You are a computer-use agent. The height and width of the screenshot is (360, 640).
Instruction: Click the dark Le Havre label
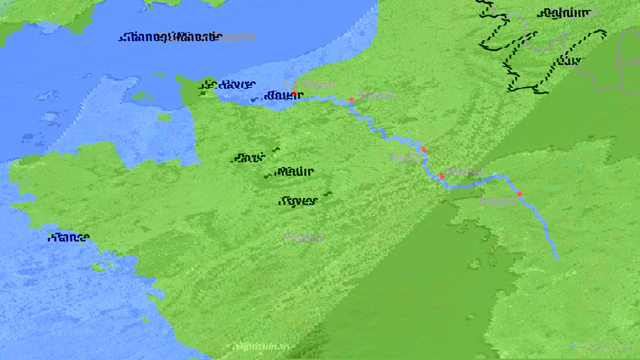tap(227, 84)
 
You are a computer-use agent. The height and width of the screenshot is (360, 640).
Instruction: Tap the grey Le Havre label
tap(311, 85)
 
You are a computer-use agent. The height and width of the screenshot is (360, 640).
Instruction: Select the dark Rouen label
tap(284, 96)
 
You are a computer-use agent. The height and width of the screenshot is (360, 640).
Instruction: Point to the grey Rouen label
tap(377, 95)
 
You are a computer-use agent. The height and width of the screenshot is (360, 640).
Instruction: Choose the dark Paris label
tap(249, 158)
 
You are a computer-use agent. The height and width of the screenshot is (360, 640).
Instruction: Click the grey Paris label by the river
tap(405, 158)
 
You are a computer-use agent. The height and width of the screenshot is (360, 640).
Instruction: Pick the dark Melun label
tap(295, 172)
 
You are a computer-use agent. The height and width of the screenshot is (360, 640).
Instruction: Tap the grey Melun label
tap(464, 172)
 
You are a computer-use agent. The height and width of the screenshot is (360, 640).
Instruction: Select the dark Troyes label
tap(298, 201)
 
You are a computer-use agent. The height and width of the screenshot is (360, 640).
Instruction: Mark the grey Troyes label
tap(496, 201)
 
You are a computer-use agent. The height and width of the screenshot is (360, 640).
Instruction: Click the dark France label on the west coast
tap(69, 237)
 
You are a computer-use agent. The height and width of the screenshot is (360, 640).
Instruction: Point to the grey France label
tap(304, 237)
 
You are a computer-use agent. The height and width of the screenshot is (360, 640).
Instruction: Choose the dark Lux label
tap(569, 61)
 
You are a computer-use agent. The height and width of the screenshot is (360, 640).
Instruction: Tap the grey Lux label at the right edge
tap(629, 61)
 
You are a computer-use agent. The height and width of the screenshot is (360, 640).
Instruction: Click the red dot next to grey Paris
tap(424, 150)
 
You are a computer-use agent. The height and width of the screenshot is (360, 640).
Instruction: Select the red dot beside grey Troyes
tap(519, 193)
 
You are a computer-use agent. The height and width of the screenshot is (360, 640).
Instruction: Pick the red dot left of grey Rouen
tap(352, 100)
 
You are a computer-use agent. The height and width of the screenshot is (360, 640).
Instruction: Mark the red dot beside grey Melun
tap(442, 176)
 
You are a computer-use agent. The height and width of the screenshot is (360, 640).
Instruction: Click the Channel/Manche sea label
tap(169, 37)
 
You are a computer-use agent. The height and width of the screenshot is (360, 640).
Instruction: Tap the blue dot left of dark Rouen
tap(253, 100)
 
